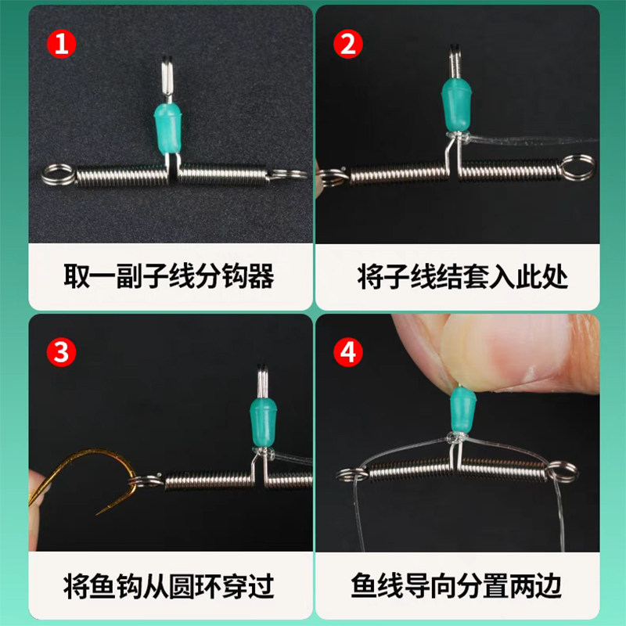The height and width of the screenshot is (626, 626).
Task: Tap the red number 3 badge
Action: (63, 352)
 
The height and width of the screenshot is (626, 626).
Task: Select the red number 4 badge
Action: (348, 352)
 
